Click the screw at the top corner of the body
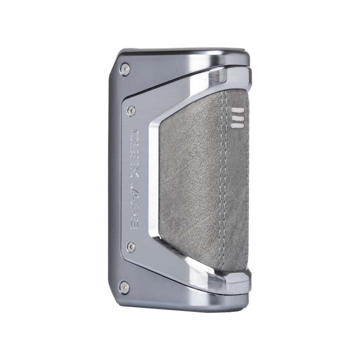point(125,69)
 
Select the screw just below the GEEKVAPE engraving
point(131,247)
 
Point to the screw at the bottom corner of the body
point(125,287)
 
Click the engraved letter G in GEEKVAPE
point(134,136)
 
